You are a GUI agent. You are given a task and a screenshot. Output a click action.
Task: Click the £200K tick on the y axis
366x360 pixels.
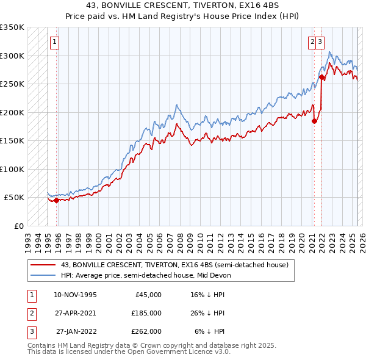click(x=12, y=112)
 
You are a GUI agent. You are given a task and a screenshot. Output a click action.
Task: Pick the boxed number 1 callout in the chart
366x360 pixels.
click(x=55, y=42)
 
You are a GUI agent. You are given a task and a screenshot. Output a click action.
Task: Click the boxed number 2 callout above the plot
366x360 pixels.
click(x=312, y=42)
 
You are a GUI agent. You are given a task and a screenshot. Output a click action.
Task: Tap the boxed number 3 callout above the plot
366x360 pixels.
click(x=320, y=42)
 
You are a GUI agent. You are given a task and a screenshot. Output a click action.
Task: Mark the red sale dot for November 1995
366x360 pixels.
click(x=56, y=200)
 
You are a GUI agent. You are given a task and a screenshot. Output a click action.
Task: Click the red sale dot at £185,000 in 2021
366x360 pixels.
click(x=315, y=121)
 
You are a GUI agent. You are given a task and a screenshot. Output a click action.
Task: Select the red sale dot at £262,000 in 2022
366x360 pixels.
click(x=322, y=77)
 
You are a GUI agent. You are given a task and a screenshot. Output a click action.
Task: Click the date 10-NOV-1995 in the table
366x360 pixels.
click(x=75, y=295)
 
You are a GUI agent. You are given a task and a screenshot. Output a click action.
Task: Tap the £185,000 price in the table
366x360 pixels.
click(x=146, y=313)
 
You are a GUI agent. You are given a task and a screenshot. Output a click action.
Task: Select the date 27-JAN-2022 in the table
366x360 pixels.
click(x=75, y=331)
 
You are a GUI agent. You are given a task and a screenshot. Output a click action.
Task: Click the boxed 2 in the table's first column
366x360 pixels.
click(x=31, y=313)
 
